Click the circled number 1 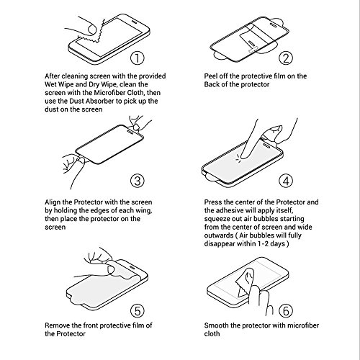point(138,58)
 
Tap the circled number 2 point(286,58)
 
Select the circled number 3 point(138,181)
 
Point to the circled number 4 point(286,181)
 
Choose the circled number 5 point(138,310)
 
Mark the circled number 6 point(286,310)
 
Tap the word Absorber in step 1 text point(99,101)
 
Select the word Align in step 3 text point(52,202)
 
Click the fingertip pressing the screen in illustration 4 point(245,156)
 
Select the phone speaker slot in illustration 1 point(134,22)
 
